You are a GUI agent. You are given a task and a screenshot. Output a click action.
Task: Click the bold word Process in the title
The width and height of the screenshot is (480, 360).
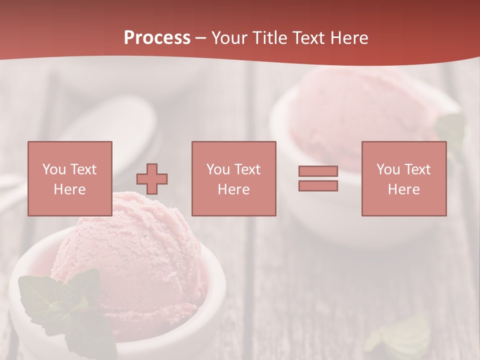157,37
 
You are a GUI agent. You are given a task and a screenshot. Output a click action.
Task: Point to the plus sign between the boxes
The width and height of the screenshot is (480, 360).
152,178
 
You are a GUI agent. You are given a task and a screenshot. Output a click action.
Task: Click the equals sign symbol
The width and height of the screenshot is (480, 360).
318,178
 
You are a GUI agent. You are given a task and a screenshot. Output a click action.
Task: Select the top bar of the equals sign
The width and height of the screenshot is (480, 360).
318,171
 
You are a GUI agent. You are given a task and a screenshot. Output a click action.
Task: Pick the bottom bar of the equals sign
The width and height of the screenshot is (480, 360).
318,185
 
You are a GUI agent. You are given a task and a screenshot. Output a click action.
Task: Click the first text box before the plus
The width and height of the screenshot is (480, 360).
69,178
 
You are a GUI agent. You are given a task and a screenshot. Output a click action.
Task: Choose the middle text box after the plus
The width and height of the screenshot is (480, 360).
233,178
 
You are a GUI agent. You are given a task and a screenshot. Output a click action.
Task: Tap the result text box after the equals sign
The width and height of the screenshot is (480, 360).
403,178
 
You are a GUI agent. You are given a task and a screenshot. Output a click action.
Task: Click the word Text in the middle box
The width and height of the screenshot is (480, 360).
247,169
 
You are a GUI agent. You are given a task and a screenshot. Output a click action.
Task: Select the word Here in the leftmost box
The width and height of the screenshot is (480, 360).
69,189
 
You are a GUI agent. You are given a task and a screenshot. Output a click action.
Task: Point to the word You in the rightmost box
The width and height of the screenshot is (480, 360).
388,169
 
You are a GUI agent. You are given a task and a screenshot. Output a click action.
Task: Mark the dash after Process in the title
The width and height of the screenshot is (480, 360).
201,38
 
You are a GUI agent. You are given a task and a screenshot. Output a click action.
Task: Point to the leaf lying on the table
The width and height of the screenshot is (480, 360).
400,335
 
